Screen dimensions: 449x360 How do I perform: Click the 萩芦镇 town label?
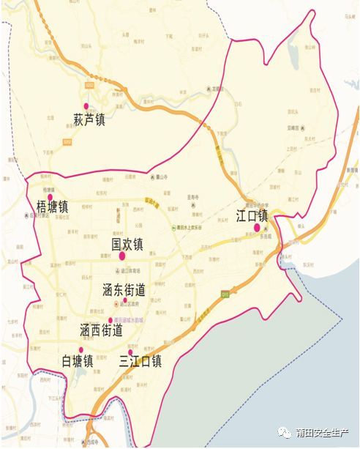coord(90,119)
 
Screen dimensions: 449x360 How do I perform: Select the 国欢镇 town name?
coord(127,243)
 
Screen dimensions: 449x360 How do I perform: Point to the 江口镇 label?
coord(252,215)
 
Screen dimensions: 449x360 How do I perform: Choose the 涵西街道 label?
coord(100,331)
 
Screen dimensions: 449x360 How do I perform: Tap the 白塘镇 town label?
coord(78,361)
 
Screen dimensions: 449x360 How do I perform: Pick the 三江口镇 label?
coord(140,361)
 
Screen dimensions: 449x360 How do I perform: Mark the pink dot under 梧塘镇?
coord(28,215)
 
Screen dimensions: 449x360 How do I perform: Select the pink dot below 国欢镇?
coord(121,256)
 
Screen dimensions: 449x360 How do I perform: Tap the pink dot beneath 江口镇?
coord(257,228)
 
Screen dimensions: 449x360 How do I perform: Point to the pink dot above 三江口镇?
coord(130,352)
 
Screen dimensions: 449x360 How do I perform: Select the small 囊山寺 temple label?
coord(161,177)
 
